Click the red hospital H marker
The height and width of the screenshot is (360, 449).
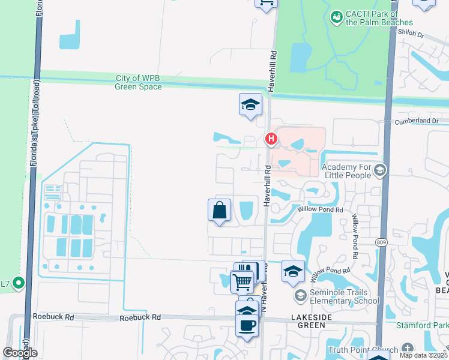pos(271,140)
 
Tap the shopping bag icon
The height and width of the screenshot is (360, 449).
pos(219,211)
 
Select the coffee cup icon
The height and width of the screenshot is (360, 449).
pos(247,326)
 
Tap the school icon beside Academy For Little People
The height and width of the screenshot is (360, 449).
pos(379,171)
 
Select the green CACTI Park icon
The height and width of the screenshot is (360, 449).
pos(336,19)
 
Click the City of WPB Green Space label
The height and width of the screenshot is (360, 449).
pos(139,82)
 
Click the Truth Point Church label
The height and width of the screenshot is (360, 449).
pos(362,350)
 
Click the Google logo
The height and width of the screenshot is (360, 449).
pos(19,353)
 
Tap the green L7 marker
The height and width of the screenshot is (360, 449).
pos(19,283)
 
